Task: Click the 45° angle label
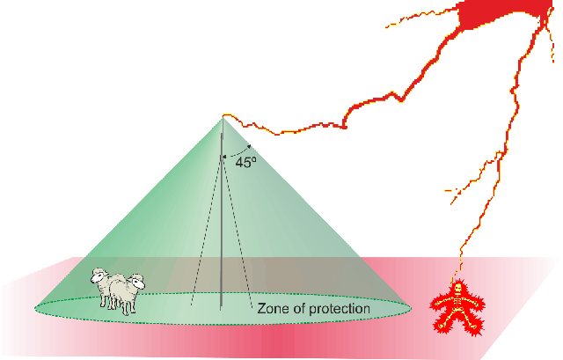pos(245,161)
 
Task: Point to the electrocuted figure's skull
pos(457,289)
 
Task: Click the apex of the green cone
pos(222,116)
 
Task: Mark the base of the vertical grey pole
pos(222,309)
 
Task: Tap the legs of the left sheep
pos(108,302)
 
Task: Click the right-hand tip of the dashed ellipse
pos(409,309)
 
